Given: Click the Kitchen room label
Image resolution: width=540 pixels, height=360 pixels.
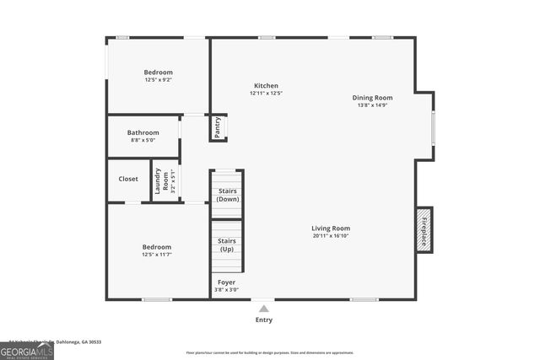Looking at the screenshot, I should tap(266, 86).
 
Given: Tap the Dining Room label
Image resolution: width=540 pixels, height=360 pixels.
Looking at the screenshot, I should tap(372, 98).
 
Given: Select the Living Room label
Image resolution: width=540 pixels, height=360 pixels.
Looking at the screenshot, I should tap(331, 228).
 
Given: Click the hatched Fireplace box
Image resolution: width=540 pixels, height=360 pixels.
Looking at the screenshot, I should tap(424, 228).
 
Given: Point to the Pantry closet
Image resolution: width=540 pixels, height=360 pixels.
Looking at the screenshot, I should tap(218, 127).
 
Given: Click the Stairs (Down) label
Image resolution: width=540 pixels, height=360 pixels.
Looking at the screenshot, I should tap(228, 196).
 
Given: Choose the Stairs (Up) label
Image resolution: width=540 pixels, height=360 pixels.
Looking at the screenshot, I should tap(227, 244).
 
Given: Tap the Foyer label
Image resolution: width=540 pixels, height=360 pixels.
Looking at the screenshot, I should tap(227, 282).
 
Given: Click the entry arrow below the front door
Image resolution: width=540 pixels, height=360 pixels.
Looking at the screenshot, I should tap(264, 308).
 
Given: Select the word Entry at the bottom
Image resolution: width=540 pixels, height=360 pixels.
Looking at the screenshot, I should tap(264, 320).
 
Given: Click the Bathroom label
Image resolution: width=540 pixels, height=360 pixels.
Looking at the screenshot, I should tap(143, 132).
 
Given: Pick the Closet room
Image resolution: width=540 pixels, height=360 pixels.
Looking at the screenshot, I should tap(128, 179).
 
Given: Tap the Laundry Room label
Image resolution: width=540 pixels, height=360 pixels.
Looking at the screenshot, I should tap(160, 181).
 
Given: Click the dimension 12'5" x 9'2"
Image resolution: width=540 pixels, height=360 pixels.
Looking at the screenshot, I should tap(158, 80).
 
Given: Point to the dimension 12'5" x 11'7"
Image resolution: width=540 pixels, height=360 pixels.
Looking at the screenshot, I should tap(158, 255).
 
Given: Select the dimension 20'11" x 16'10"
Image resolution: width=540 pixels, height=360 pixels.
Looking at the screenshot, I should tap(331, 236).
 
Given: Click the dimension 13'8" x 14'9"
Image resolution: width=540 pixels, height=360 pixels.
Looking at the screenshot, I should tap(372, 105).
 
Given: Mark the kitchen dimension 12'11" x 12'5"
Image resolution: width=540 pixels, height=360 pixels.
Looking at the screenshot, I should tap(266, 94).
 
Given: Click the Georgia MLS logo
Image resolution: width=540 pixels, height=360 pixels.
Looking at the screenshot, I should tap(27, 350).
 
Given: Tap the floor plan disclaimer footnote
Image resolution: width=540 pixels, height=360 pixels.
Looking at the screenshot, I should tap(270, 352).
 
